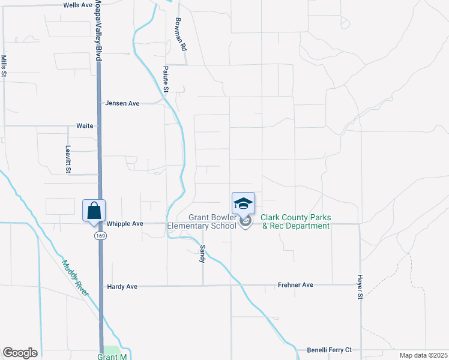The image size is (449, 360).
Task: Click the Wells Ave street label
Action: tap(78, 5)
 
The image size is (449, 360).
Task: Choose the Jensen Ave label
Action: tap(122, 103)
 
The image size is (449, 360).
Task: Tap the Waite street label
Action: tap(85, 126)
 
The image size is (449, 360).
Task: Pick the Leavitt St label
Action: tap(68, 158)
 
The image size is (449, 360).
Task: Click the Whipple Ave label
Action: tap(125, 224)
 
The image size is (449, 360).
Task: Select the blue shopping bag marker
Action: tap(94, 211)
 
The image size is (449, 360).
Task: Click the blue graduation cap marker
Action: tap(243, 204)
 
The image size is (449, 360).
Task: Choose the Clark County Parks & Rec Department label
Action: tap(295, 221)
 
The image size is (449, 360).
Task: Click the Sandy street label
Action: tap(203, 253)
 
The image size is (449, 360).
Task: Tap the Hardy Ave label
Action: tap(122, 287)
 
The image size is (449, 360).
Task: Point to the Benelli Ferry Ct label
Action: tap(330, 349)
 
